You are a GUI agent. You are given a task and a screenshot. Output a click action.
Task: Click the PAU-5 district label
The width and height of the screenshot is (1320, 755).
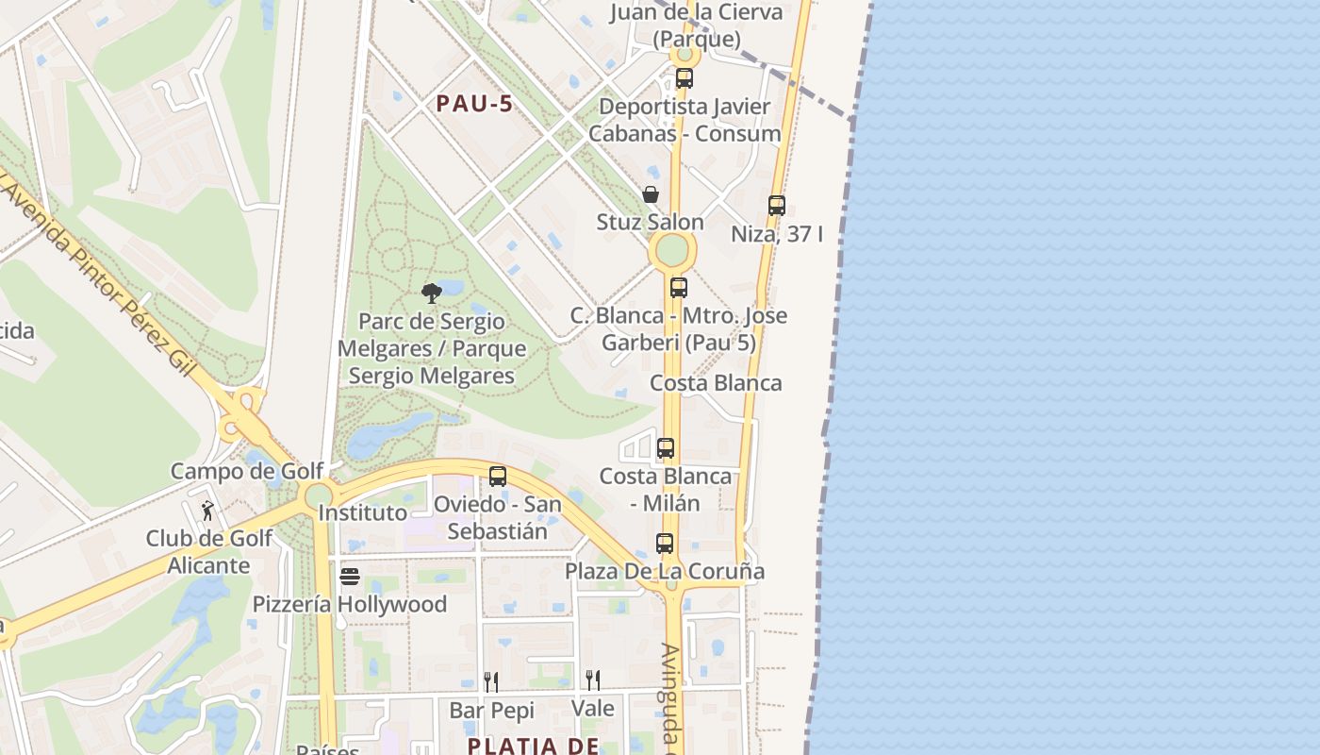(475, 104)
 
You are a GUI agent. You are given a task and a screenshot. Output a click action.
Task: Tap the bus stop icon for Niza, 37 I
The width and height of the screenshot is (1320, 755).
(776, 205)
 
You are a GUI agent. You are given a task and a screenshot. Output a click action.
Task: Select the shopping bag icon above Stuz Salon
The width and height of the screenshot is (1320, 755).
(651, 194)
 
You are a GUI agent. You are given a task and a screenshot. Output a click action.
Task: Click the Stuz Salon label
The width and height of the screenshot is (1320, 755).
(651, 223)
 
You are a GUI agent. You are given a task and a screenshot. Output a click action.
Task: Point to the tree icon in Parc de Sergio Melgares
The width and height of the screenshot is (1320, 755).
(432, 293)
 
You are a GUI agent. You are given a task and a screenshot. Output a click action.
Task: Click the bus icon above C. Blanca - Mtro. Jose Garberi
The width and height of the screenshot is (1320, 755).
(678, 288)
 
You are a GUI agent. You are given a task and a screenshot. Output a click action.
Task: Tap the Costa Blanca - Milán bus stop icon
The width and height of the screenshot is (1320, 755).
(666, 448)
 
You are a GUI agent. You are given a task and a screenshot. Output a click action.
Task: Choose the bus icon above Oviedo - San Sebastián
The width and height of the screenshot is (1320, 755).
(497, 477)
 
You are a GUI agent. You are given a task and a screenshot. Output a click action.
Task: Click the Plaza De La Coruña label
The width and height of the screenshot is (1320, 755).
(665, 571)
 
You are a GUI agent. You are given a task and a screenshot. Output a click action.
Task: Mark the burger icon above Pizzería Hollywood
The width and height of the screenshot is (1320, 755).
(350, 576)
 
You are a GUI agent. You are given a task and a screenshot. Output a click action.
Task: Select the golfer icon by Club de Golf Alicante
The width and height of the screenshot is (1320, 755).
(208, 511)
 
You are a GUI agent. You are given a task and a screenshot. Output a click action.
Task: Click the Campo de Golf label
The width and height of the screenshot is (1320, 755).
(247, 470)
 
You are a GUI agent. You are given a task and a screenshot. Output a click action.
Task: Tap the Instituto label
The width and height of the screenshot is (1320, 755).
(363, 512)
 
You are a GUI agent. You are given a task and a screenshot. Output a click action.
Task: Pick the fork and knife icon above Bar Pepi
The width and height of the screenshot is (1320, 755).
(491, 681)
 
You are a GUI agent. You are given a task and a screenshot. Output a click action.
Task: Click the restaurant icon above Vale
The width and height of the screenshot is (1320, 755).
(592, 679)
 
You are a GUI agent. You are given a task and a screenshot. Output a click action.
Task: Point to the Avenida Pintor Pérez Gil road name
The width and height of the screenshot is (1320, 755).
(99, 274)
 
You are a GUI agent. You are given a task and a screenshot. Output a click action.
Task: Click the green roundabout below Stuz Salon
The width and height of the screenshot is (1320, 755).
(671, 251)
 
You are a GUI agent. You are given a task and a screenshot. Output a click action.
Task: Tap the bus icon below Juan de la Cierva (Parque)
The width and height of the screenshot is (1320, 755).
(685, 78)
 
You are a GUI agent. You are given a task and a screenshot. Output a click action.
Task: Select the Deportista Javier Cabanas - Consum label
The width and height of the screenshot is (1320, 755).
(685, 120)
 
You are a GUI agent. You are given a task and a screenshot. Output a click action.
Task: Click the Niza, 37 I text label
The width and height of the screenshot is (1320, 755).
(777, 234)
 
